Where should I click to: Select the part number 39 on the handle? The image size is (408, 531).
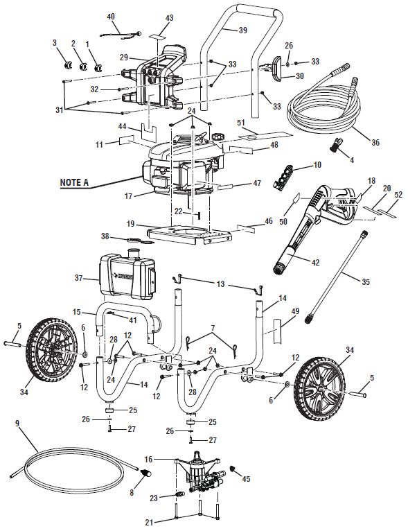tap(242, 31)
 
